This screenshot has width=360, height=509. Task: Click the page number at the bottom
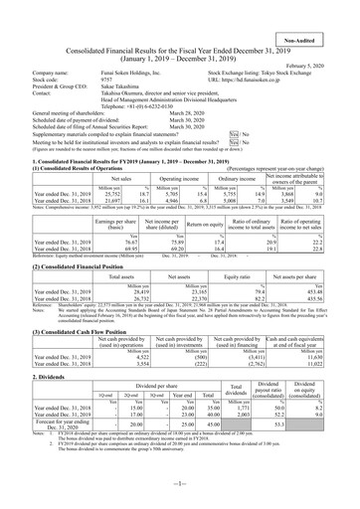point(179,497)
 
